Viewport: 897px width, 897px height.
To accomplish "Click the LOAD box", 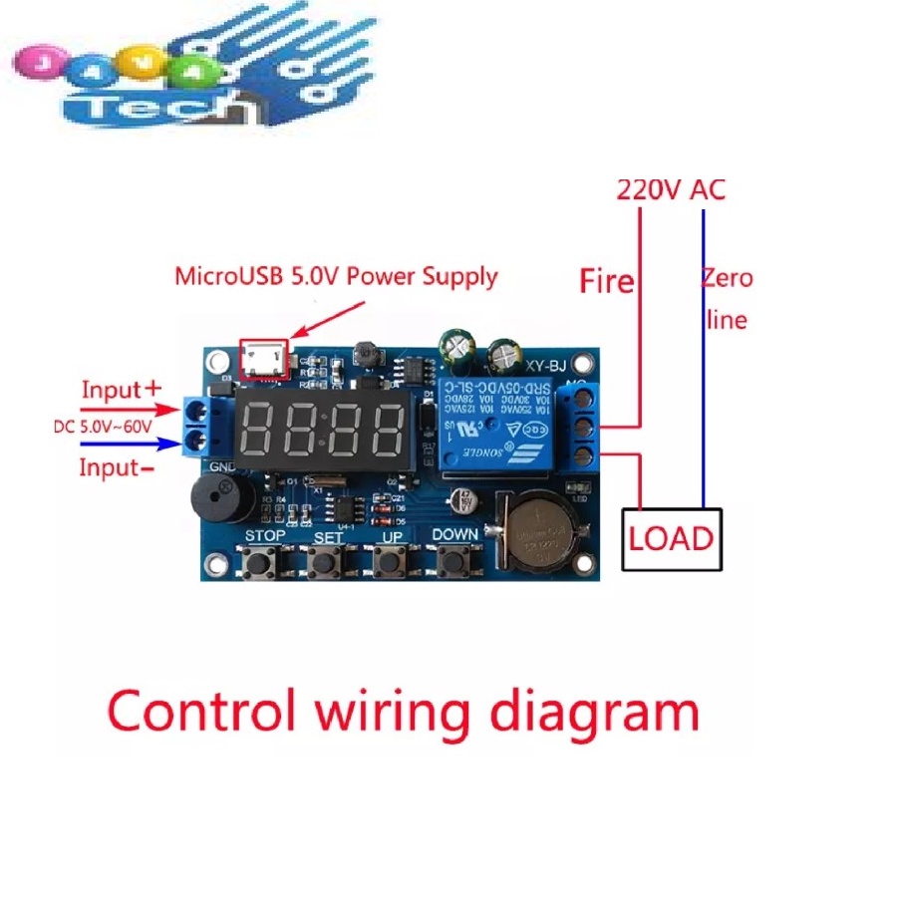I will pyautogui.click(x=672, y=539).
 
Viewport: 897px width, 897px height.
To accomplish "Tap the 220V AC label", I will pyautogui.click(x=671, y=189).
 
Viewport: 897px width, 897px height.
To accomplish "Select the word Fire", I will pyautogui.click(x=607, y=282).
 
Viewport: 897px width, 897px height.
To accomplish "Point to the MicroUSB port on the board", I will pyautogui.click(x=263, y=359).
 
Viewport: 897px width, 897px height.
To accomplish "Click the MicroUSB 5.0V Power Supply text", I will pyautogui.click(x=336, y=276).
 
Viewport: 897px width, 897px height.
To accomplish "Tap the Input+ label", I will pyautogui.click(x=120, y=390).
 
